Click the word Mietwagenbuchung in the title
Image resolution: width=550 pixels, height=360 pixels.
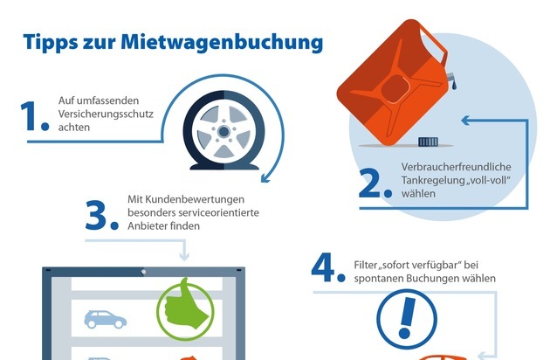[222, 43]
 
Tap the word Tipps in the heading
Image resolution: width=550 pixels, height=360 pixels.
[51, 43]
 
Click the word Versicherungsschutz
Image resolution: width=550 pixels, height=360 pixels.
[106, 114]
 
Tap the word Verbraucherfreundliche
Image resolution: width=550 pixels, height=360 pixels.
[456, 167]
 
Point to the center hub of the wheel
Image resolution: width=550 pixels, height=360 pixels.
[223, 132]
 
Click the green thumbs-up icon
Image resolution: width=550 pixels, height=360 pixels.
[185, 309]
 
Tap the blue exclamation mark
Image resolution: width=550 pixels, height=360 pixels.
[407, 317]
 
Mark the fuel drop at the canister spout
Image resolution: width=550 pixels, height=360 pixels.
[454, 85]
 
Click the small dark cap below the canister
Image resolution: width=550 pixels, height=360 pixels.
[428, 142]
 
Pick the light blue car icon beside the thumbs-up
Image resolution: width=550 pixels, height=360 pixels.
[106, 319]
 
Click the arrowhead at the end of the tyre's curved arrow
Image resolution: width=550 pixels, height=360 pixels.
[265, 178]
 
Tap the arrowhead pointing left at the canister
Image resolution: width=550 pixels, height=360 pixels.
[465, 121]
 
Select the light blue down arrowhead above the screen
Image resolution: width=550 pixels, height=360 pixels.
[184, 255]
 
